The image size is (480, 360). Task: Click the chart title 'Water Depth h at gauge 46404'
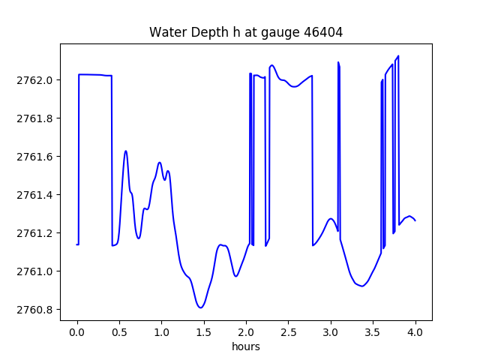click(x=245, y=32)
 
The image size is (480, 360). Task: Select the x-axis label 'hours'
click(x=246, y=347)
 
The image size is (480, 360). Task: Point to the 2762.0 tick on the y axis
click(x=36, y=80)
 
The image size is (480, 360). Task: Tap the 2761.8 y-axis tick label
click(x=36, y=118)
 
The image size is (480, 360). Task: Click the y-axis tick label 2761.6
click(x=36, y=157)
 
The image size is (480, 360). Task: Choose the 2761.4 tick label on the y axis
click(x=36, y=195)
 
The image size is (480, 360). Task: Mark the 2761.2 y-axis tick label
click(x=36, y=233)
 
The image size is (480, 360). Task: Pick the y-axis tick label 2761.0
click(x=36, y=271)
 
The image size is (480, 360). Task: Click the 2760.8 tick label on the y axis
click(x=36, y=310)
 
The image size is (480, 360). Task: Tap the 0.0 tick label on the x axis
click(x=77, y=331)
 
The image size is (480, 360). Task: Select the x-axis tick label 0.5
click(x=119, y=331)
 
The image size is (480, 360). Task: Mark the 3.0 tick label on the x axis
click(x=331, y=331)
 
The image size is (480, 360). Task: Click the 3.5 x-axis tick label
click(x=373, y=331)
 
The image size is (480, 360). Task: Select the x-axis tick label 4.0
click(x=415, y=331)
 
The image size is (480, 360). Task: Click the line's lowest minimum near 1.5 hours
click(x=200, y=307)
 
